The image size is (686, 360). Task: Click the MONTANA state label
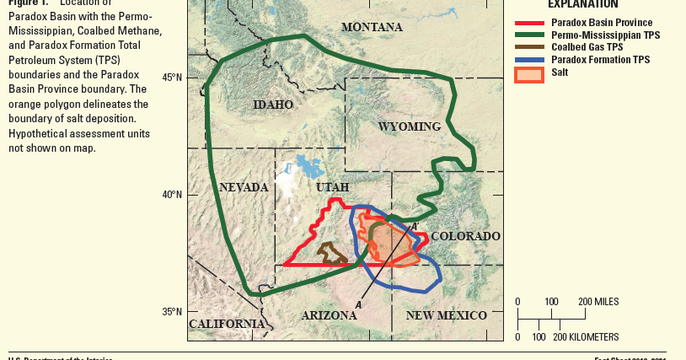(372, 28)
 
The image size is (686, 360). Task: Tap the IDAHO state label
(273, 105)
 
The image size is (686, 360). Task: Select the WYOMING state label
(409, 126)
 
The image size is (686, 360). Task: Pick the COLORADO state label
(465, 236)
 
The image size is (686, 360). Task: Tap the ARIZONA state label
(329, 315)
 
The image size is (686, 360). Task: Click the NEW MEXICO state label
(446, 315)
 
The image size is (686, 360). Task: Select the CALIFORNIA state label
(227, 324)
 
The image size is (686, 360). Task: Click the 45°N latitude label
(173, 78)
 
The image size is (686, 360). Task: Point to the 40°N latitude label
(173, 195)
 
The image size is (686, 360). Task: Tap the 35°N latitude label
(173, 312)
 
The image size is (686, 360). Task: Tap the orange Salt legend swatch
(529, 74)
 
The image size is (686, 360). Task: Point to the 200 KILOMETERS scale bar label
(589, 336)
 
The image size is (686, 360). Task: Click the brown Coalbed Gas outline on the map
(331, 254)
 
